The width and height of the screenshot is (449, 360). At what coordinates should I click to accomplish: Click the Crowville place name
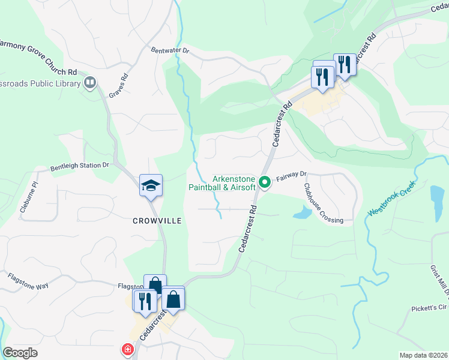pyautogui.click(x=157, y=221)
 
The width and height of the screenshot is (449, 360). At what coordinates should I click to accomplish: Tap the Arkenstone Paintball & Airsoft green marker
pyautogui.click(x=264, y=180)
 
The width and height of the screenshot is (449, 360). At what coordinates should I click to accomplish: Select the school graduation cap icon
pyautogui.click(x=151, y=185)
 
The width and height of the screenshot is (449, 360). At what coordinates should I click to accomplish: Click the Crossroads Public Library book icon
pyautogui.click(x=90, y=82)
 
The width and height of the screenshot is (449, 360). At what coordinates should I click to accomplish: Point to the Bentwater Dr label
pyautogui.click(x=170, y=51)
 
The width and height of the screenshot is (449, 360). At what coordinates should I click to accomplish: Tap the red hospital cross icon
pyautogui.click(x=127, y=349)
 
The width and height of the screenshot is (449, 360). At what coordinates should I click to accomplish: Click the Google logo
pyautogui.click(x=20, y=353)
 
